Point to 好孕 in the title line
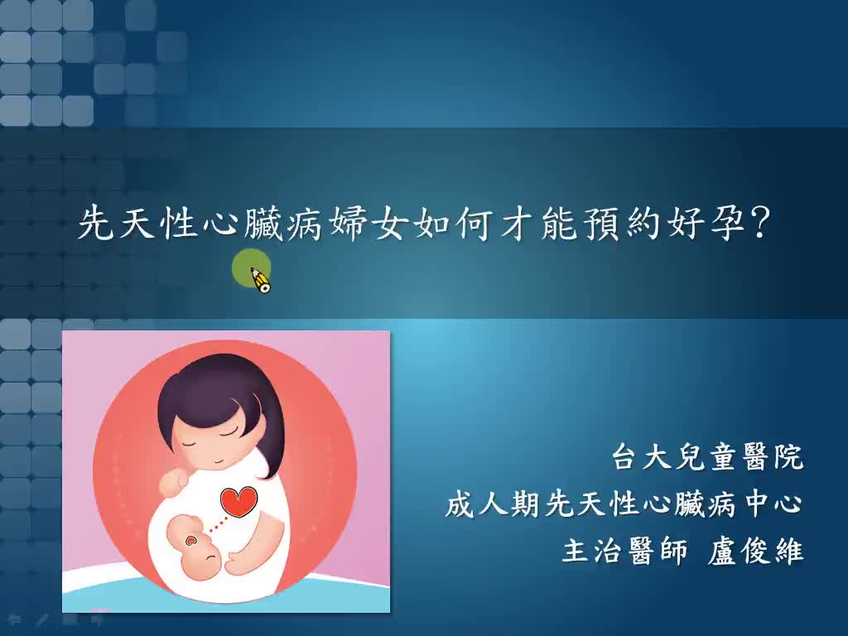pyautogui.click(x=708, y=224)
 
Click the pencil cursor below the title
pyautogui.click(x=260, y=279)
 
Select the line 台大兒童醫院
pyautogui.click(x=707, y=457)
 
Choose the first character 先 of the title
pyautogui.click(x=94, y=224)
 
